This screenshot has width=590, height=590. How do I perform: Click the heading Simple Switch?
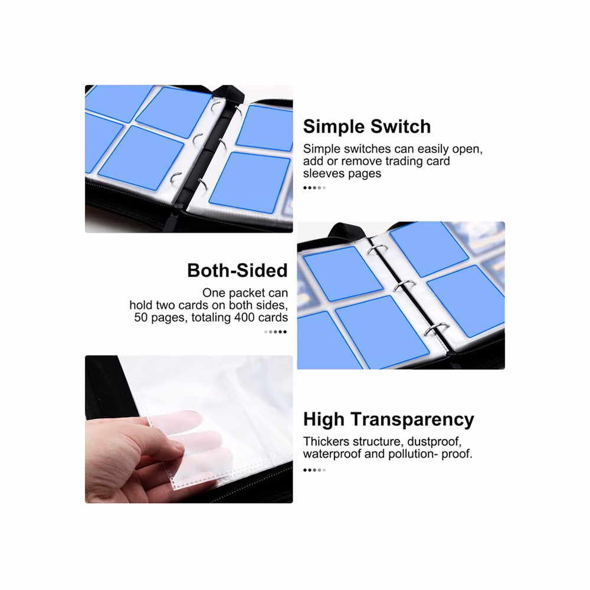367,126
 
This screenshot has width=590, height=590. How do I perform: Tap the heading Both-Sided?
237,270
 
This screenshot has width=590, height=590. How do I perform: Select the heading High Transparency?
389,419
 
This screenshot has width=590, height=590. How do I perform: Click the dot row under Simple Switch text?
314,188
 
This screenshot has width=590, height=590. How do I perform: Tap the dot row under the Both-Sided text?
276,332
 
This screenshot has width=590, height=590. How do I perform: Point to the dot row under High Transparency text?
314,470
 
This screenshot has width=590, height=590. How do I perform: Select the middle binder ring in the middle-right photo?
404,285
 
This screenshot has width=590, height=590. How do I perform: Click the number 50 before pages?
141,317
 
